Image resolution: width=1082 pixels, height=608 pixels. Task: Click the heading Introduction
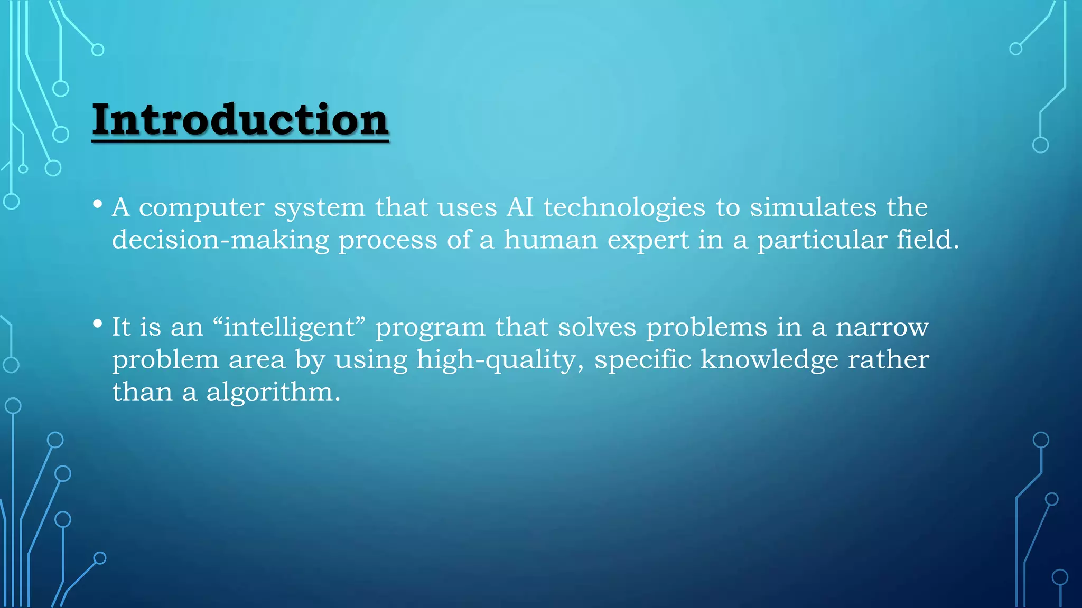point(240,120)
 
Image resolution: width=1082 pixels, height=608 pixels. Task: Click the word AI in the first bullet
point(520,207)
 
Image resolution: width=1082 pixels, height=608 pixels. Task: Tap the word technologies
point(624,208)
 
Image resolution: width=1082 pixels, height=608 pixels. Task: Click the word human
point(550,240)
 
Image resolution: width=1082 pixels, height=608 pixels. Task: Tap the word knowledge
point(769,360)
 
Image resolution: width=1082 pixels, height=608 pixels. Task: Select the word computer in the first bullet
point(201,208)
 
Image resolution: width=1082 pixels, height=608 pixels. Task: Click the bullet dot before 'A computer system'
point(97,204)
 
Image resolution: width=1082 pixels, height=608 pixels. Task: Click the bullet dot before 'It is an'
point(97,324)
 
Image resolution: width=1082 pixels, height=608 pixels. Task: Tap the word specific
point(642,360)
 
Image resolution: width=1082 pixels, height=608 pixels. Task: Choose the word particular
point(822,241)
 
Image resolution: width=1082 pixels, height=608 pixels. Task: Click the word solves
point(597,327)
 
